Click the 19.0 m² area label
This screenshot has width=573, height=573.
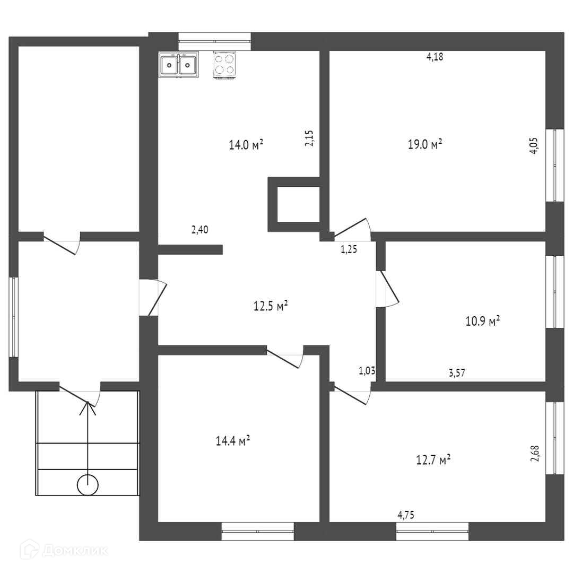[x=425, y=144]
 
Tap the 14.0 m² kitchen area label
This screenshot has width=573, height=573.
[x=246, y=145]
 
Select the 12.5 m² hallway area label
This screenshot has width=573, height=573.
[x=271, y=306]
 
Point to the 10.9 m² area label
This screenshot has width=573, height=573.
[x=483, y=321]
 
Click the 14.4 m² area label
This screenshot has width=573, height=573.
[x=233, y=441]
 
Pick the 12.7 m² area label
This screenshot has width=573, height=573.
[x=433, y=459]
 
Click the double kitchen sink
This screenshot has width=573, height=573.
[x=178, y=65]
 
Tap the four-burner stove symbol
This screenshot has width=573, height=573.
[x=224, y=65]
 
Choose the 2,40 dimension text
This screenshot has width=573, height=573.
[x=199, y=230]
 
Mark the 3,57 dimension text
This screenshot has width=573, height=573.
[x=457, y=373]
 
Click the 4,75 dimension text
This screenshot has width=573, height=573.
[x=406, y=514]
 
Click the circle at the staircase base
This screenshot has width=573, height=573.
[x=88, y=484]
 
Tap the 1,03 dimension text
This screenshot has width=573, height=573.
[x=367, y=371]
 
